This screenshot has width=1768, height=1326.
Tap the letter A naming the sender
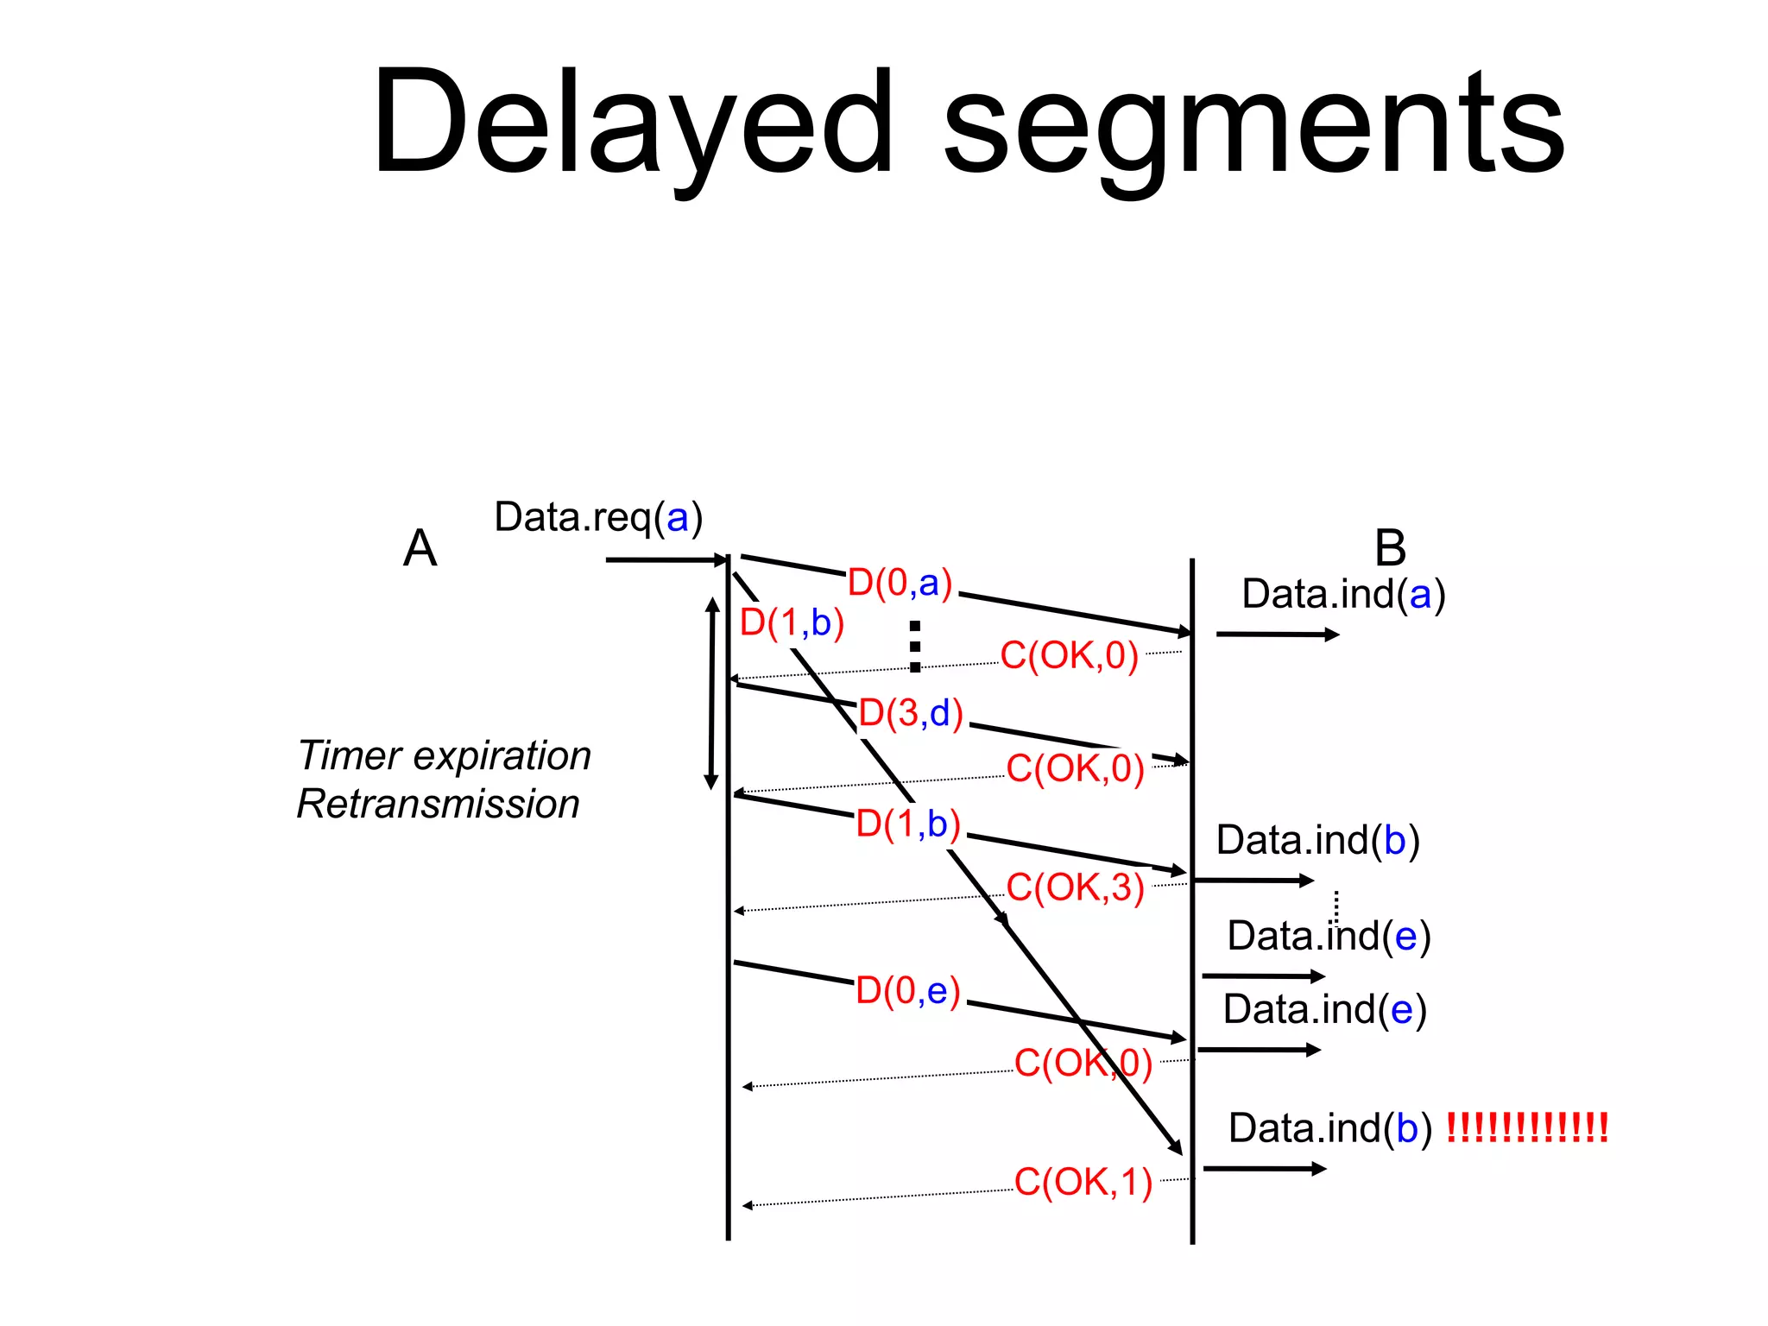(x=420, y=548)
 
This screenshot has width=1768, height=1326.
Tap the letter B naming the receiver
(x=1390, y=548)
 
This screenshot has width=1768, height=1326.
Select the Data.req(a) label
(x=598, y=518)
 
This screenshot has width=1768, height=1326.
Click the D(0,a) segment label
(x=900, y=584)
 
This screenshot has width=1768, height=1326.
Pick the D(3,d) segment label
(x=911, y=714)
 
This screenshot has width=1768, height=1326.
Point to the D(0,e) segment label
(x=908, y=991)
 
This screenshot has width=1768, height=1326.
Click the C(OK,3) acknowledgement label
(x=1075, y=888)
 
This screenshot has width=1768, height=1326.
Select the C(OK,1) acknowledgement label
(x=1083, y=1183)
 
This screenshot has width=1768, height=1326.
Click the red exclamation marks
(x=1526, y=1128)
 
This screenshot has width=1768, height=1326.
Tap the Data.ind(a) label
(x=1343, y=595)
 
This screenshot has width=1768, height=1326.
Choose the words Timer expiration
(x=444, y=756)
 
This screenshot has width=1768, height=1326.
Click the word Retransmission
(x=438, y=805)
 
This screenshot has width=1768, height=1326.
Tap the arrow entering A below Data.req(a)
(x=666, y=560)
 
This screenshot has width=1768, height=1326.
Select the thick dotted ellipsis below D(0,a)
(x=915, y=646)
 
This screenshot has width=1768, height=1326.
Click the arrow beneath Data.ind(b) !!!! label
(x=1264, y=1169)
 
